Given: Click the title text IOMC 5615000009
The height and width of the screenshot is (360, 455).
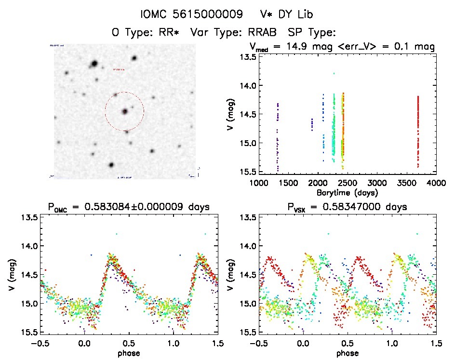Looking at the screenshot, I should click(x=191, y=14).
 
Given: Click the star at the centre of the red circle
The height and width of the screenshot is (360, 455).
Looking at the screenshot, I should click(x=125, y=111).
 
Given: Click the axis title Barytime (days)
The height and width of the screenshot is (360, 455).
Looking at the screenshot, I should click(x=348, y=192).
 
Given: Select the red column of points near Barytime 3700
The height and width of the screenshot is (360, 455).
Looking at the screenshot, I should click(x=418, y=130).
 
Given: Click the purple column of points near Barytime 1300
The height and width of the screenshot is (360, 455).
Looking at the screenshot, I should click(x=278, y=135).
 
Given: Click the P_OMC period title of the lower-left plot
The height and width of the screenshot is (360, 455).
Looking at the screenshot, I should click(x=129, y=207).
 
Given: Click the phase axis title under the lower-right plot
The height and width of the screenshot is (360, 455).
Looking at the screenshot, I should click(x=348, y=353).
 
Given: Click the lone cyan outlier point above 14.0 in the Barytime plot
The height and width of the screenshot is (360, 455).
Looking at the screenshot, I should click(x=334, y=73).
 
